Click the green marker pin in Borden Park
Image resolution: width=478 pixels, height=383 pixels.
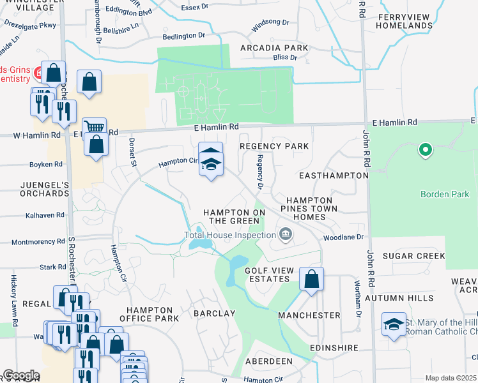[x=424, y=151]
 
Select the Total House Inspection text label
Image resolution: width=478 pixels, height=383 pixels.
[x=230, y=235]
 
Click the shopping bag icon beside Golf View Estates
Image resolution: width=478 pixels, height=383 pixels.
[x=311, y=280]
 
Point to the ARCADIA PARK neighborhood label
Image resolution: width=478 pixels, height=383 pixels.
[x=274, y=48]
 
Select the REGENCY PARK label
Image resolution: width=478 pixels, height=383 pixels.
[x=274, y=146]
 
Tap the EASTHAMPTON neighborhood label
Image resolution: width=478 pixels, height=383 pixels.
[x=333, y=175]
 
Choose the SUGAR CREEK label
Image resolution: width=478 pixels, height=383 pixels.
[x=413, y=256]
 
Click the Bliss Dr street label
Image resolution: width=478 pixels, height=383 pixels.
[x=285, y=57]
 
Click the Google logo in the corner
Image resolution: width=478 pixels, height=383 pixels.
[x=21, y=375]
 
